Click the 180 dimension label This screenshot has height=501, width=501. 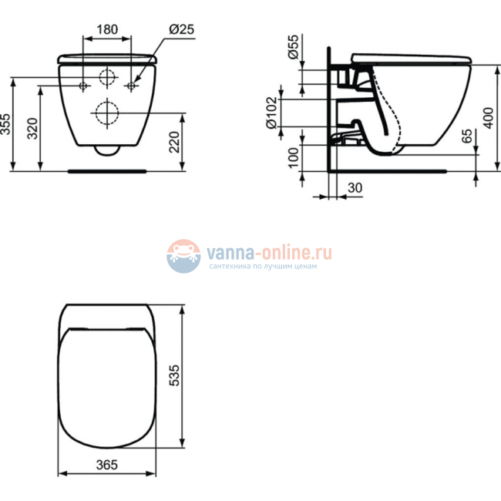(x=107, y=30)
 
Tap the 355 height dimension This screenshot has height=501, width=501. (x=7, y=125)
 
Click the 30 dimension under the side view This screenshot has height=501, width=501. (x=355, y=187)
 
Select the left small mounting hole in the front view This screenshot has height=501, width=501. (x=83, y=85)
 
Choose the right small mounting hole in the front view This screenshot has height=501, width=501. (x=132, y=85)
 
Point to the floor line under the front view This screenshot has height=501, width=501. (x=107, y=170)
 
